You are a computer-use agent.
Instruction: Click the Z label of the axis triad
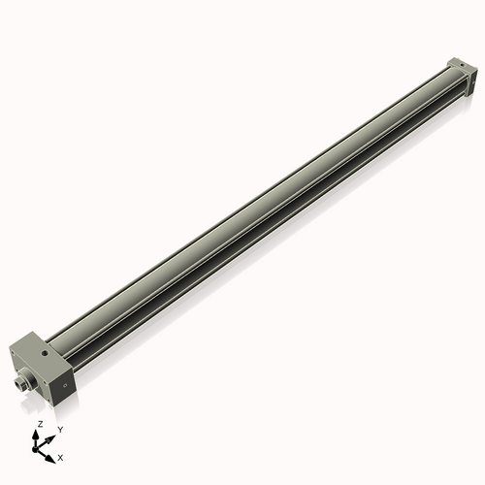click(x=40, y=425)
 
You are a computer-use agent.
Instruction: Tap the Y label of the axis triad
click(x=60, y=429)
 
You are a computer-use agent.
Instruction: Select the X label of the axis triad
click(x=61, y=456)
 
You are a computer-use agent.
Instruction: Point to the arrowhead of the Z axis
click(x=39, y=434)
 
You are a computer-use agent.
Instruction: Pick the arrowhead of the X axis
click(x=52, y=452)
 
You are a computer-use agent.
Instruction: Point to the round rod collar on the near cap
click(x=28, y=374)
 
